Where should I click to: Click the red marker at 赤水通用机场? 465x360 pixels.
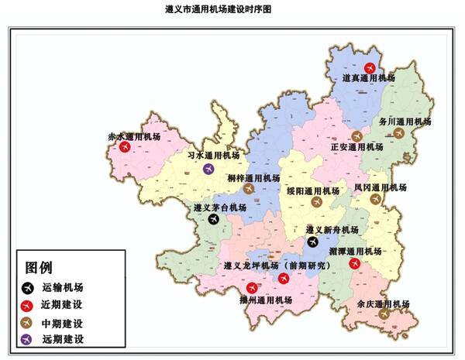click(125, 147)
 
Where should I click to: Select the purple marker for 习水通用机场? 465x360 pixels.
click(208, 169)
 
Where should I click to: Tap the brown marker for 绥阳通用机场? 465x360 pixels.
click(315, 201)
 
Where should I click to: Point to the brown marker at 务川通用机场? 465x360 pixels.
click(399, 132)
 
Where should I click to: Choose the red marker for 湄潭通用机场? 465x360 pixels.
click(355, 263)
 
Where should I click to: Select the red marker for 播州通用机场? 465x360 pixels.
click(251, 288)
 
